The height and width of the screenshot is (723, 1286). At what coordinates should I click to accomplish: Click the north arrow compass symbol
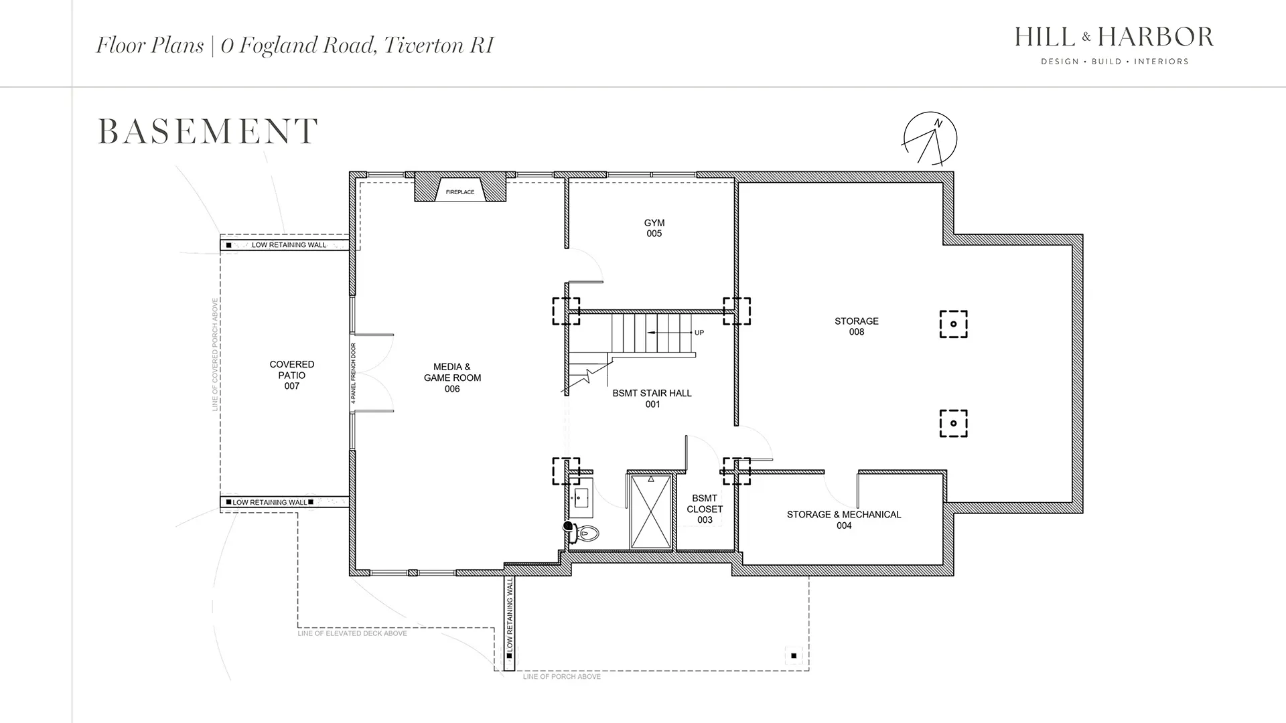930,139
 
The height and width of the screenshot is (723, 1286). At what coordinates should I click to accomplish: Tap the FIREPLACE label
460,192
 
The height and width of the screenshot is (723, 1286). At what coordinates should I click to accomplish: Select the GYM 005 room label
654,228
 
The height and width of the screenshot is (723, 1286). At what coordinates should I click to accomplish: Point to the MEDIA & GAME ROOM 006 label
452,378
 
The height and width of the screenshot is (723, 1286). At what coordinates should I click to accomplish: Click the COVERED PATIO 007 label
292,375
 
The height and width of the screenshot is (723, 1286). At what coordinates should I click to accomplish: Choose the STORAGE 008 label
857,327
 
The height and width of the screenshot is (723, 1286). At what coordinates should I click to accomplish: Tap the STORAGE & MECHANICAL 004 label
844,520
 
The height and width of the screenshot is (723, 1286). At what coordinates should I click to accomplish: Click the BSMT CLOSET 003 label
705,509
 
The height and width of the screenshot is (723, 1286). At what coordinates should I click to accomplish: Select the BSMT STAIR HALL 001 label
652,398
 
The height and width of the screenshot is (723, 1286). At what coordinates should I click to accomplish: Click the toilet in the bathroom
585,533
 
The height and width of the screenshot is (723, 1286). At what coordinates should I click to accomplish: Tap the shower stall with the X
651,511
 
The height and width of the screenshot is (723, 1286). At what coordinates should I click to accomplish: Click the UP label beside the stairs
699,333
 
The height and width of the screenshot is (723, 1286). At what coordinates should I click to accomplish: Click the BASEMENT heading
208,131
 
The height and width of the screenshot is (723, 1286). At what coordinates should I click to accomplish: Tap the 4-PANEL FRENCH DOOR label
354,374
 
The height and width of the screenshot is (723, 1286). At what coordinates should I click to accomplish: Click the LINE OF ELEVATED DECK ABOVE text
352,633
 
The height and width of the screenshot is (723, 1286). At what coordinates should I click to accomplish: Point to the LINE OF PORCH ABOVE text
562,677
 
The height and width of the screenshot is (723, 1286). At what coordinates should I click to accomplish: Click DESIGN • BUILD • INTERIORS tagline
1115,62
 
